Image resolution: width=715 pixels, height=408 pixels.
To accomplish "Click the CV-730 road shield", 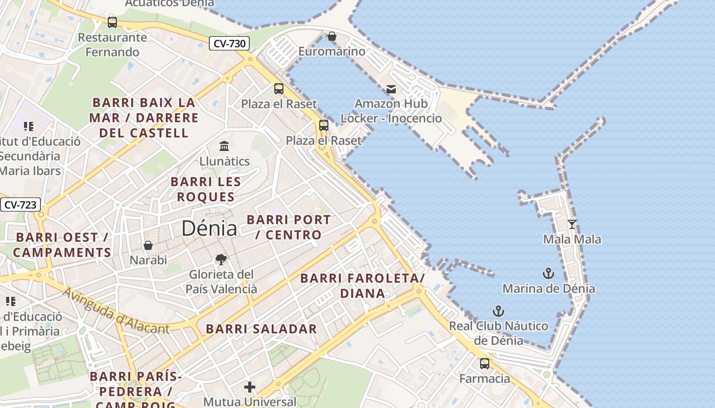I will tap(229, 43).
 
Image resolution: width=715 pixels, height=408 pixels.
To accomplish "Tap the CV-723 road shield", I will tap(20, 205).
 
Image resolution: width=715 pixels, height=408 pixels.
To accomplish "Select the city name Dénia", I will tap(209, 228).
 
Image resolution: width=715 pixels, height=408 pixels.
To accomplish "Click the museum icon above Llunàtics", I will tap(224, 147).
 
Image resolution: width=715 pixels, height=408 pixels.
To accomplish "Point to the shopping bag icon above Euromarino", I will tap(332, 36).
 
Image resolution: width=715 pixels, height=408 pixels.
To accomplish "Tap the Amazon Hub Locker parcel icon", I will tap(391, 89).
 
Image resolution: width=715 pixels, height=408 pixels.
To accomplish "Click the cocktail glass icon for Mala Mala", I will tap(572, 224).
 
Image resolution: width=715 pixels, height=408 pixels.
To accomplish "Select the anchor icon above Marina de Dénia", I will tap(549, 274).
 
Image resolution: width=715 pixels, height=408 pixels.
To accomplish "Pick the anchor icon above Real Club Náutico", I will tap(498, 311).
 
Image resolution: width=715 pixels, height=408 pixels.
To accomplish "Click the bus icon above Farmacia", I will tap(485, 364).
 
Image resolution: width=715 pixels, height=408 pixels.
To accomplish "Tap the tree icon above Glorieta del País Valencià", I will tap(221, 260).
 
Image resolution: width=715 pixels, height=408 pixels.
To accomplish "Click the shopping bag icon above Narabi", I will tap(148, 246).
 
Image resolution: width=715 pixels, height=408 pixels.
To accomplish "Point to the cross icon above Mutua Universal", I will tap(250, 387).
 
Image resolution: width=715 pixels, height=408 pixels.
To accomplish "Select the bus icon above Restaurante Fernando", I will tap(112, 22).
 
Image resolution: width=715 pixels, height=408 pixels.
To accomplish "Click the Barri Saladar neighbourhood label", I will tap(261, 329).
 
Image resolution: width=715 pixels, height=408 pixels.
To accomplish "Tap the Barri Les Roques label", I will tap(206, 189).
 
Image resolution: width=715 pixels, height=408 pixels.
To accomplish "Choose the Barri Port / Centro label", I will tap(289, 227).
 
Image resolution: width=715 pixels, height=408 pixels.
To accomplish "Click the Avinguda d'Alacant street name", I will tap(116, 311).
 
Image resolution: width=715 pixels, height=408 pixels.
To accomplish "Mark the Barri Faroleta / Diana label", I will tap(363, 286).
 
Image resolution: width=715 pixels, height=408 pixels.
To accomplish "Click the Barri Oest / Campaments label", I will tap(62, 245).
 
